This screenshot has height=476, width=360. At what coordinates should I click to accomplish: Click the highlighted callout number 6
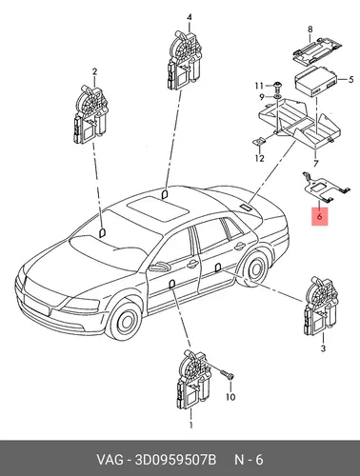[x=319, y=217]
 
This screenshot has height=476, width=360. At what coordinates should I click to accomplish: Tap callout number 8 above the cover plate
[x=310, y=30]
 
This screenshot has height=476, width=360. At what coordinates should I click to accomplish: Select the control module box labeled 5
[x=316, y=81]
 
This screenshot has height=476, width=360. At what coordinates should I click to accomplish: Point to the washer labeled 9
[x=277, y=96]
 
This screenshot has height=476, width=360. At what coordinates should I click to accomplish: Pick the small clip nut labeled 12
[x=258, y=141]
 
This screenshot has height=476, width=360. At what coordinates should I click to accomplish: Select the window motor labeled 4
[x=184, y=60]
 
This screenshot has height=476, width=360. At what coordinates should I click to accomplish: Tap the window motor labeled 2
[x=90, y=115]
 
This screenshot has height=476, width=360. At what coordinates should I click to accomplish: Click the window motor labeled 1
[x=193, y=379]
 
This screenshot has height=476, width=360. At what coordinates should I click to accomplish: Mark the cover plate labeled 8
[x=316, y=50]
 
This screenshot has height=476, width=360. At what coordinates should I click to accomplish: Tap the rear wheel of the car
[x=255, y=268]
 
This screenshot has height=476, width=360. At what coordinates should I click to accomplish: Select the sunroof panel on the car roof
[x=157, y=208]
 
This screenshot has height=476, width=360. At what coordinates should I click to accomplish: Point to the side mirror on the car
[x=160, y=267]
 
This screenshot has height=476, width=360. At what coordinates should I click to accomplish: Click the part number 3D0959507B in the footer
[x=175, y=460]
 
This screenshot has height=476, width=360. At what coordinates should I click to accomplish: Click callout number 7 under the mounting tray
[x=315, y=164]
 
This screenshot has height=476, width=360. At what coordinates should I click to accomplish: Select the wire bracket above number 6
[x=326, y=188]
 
